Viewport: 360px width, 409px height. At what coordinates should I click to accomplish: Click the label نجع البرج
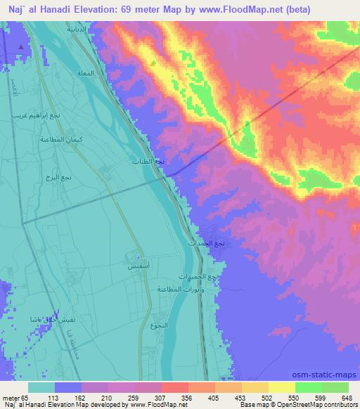coord(57,178)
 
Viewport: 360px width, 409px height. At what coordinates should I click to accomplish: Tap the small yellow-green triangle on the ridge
coord(153,63)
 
